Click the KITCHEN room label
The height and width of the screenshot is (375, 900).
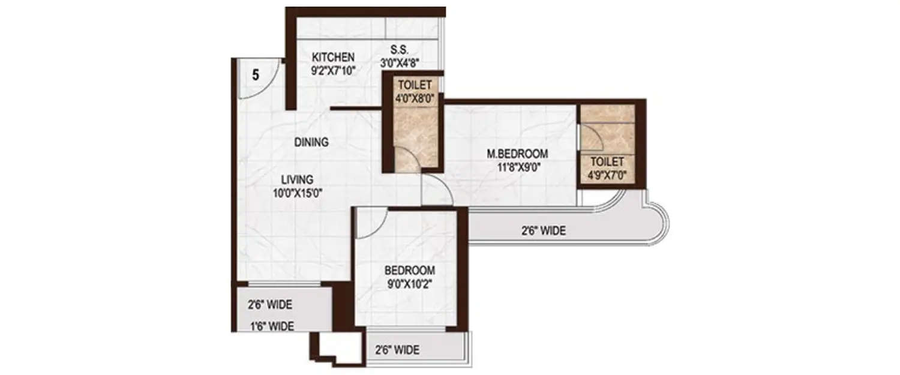pos(333,58)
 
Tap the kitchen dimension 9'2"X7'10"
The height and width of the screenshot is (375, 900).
pos(333,70)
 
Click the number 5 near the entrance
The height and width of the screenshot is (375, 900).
pos(255,76)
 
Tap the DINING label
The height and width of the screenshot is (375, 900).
pos(311,143)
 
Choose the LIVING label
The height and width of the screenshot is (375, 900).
pos(298,179)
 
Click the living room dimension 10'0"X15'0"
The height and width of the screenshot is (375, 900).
pos(298,193)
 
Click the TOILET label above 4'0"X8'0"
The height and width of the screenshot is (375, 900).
pos(413,85)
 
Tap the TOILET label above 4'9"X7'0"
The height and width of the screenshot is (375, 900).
pos(607,162)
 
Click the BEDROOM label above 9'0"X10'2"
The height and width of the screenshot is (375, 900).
pos(410,270)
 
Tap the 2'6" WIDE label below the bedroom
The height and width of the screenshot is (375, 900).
pos(397,350)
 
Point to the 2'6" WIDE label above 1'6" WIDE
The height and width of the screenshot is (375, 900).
pos(270,305)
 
